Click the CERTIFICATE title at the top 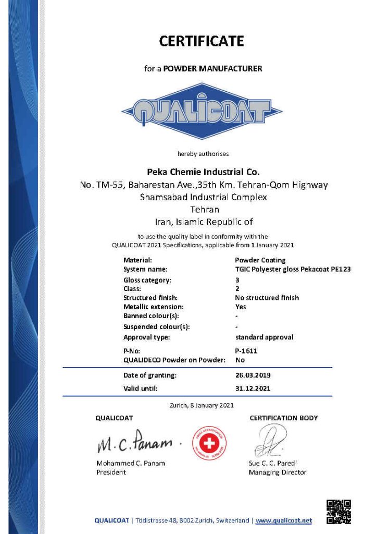coord(202,41)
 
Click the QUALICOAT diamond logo coord(202,111)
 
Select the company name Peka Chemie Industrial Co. coord(202,171)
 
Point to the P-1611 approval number coord(246,351)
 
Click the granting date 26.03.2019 coord(253,375)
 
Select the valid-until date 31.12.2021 coord(253,389)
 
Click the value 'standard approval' coord(264,337)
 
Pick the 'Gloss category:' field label coord(147,280)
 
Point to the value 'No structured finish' coord(267,298)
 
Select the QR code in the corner coord(338,512)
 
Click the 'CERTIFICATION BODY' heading coord(283,418)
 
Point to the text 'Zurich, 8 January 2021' coord(202,405)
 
